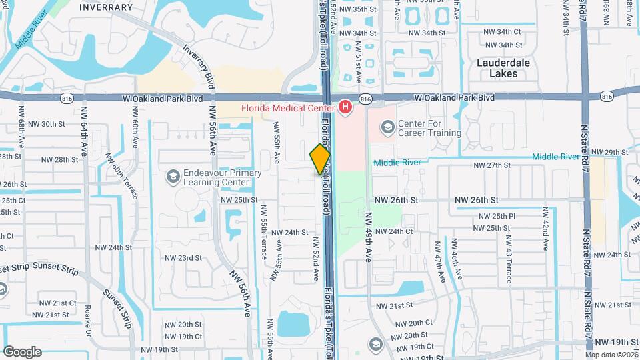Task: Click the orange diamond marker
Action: coord(320,159)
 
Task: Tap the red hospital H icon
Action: coord(345,107)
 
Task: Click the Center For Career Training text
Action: coord(429,128)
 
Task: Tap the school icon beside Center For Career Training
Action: coord(387,127)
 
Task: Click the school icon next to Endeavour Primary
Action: coord(173,176)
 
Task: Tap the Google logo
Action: coord(21,351)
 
